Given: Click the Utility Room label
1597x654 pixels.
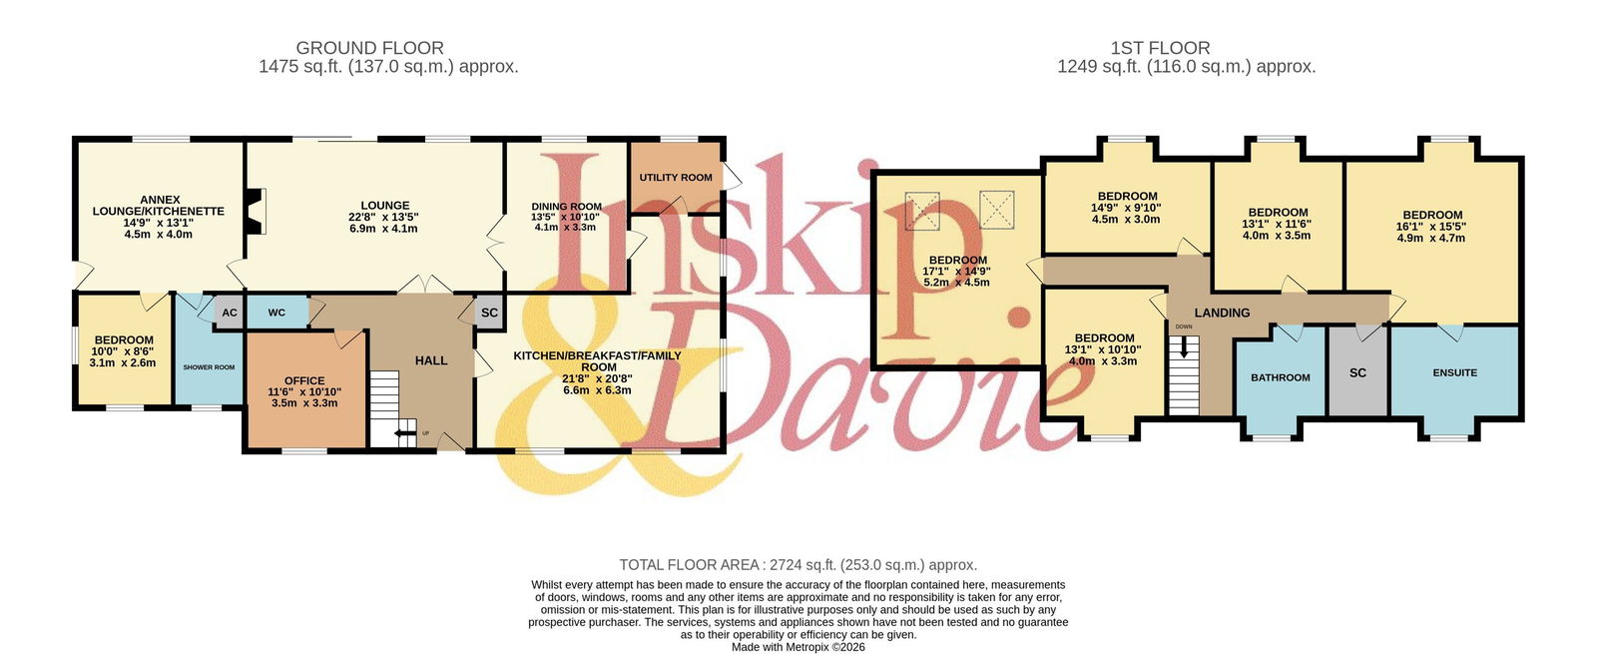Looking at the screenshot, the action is tap(675, 178).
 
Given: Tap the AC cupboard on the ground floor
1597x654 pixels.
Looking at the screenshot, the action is tap(229, 313).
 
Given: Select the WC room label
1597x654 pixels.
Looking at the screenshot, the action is tap(276, 313).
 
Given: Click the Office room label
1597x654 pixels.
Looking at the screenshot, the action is tap(304, 380).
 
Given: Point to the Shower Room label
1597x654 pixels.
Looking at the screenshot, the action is tap(209, 367).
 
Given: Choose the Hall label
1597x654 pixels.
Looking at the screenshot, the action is tap(431, 360).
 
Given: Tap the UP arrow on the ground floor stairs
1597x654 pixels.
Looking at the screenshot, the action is tap(405, 432).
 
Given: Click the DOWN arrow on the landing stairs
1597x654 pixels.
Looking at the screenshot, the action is tap(1184, 346).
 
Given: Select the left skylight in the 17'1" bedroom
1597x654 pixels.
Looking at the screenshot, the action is tap(922, 211).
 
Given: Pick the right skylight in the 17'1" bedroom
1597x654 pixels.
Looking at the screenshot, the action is tap(997, 209).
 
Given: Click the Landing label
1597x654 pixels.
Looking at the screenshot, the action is tap(1222, 313).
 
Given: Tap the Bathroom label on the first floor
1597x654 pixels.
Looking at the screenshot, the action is tap(1281, 377).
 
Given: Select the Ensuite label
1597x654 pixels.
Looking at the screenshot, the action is tap(1455, 372).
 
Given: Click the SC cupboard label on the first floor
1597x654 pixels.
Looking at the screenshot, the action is tap(1357, 372).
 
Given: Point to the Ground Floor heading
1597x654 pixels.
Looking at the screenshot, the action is tap(370, 48).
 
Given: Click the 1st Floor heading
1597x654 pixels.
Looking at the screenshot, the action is tap(1160, 48).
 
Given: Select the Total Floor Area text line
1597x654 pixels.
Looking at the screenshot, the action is tap(798, 565).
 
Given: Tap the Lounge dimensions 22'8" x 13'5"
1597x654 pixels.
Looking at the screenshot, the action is tap(383, 217).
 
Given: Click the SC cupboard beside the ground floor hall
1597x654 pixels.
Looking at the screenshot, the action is tap(489, 313).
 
